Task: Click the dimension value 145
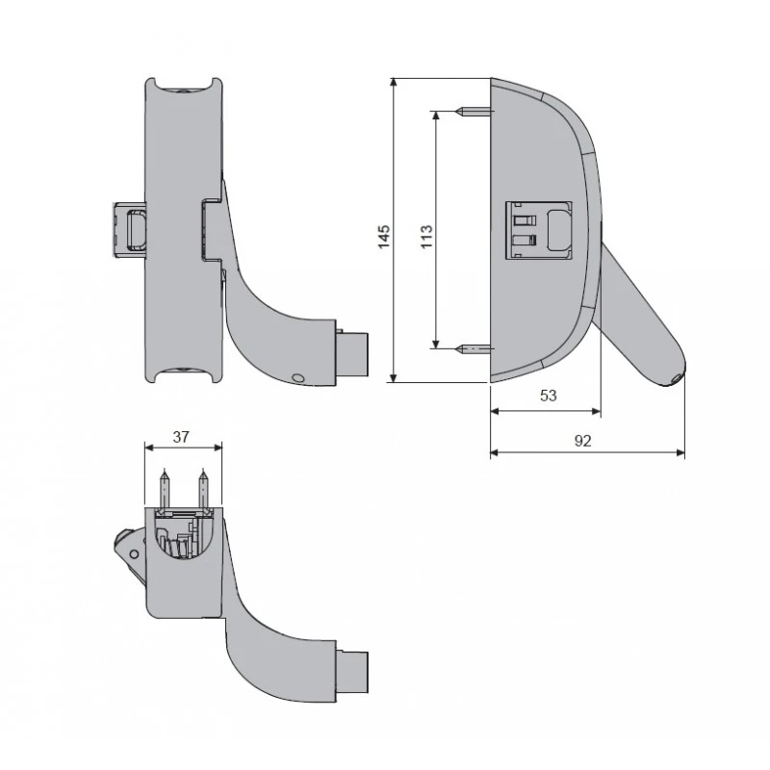point(384,236)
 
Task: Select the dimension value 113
point(426,236)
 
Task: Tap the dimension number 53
point(548,396)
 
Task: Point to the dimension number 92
point(582,441)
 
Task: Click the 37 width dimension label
point(181,437)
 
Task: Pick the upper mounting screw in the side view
point(475,112)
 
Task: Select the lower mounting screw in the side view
point(475,349)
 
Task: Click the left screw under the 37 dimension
point(166,489)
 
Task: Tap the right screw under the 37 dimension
point(203,489)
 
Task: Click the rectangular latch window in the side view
point(539,230)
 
